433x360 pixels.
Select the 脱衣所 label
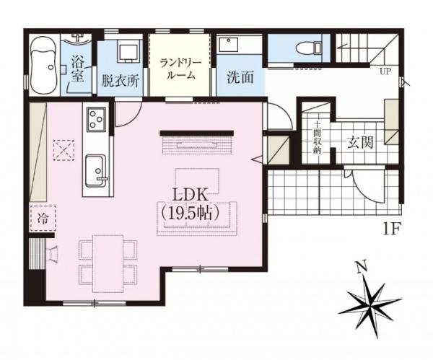tap(120, 81)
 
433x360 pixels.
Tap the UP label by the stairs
tap(385, 71)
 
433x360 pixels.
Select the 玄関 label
tap(359, 141)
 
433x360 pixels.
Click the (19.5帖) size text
tap(191, 212)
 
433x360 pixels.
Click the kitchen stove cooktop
tap(96, 120)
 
